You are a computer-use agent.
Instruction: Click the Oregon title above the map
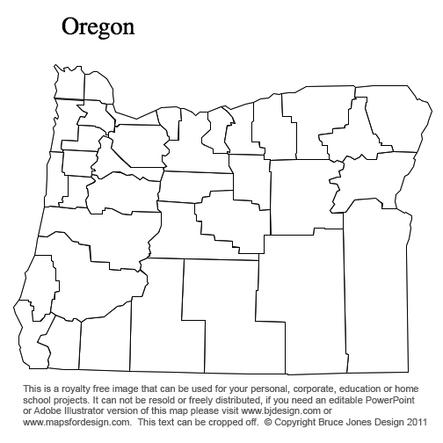click(x=98, y=27)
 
